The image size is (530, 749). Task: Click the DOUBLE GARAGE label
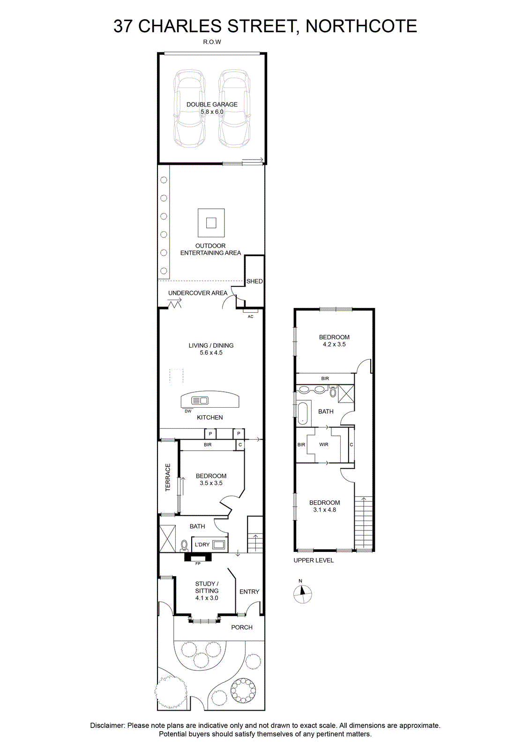point(212,104)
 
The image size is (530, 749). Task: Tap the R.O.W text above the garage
point(212,42)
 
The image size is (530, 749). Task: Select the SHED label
point(254,281)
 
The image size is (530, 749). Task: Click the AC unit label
point(250,316)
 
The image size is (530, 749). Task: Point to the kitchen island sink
point(200,400)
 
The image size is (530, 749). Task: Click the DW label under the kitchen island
point(188,411)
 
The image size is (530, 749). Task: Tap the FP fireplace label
point(198,564)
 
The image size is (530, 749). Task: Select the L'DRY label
point(202,545)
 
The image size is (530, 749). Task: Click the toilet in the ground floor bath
point(184,546)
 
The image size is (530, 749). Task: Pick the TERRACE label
point(168,477)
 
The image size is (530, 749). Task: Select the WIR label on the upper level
point(324,444)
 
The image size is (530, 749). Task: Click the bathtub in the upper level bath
point(303,413)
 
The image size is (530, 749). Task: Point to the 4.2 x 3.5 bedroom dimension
point(334,345)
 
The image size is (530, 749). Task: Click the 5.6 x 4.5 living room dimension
point(211,352)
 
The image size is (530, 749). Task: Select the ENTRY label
point(249,592)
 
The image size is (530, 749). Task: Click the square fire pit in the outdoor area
point(211,223)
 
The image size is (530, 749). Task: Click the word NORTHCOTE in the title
point(361,26)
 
